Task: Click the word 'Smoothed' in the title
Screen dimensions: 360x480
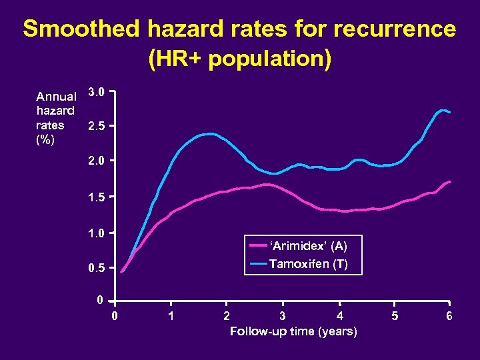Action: [x=81, y=29]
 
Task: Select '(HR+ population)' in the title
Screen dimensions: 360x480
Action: [x=239, y=59]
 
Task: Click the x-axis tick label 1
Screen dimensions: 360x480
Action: [x=171, y=316]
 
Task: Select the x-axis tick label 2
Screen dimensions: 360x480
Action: [x=227, y=316]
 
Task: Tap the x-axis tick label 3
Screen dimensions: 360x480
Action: [x=283, y=316]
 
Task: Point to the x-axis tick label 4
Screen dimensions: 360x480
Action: [x=339, y=316]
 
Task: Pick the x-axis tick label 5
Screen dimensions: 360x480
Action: [x=395, y=316]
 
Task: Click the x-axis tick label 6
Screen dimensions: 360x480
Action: [x=450, y=316]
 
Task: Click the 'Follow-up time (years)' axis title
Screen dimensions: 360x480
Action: [x=293, y=331]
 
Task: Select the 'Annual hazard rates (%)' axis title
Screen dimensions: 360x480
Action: [x=56, y=118]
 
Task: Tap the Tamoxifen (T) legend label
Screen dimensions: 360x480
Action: [x=308, y=263]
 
